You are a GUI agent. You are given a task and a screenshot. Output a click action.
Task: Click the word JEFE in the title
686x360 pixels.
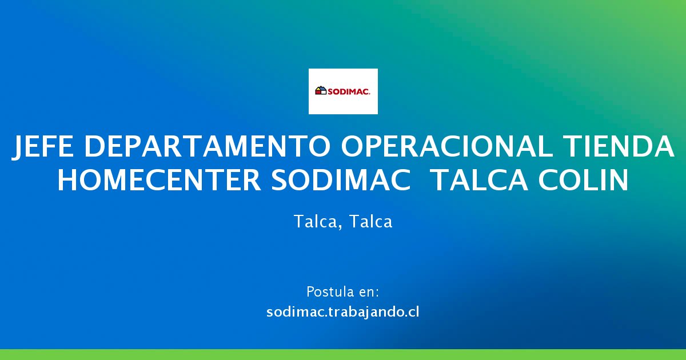point(42,147)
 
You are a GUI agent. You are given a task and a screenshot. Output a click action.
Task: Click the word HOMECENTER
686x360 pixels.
point(159,180)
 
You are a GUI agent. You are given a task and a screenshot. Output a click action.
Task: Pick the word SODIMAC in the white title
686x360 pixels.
point(341,180)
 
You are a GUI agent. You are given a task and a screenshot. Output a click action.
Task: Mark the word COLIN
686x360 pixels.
point(584,180)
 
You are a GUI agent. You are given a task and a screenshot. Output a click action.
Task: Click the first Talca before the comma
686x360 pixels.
point(315,221)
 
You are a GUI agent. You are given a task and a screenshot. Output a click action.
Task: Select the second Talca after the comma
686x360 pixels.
point(370,221)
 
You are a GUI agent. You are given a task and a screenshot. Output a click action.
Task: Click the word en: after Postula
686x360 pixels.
point(369,293)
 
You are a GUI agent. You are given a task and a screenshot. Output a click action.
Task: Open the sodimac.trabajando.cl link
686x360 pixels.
point(342,311)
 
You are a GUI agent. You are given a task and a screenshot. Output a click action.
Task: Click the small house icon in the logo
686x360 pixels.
point(321,91)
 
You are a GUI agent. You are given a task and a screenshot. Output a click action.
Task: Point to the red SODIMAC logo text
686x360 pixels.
point(349,91)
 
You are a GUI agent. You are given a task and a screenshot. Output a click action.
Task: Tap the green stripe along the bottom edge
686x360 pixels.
point(343,354)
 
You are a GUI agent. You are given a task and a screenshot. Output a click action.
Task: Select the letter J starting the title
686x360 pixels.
point(18,147)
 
